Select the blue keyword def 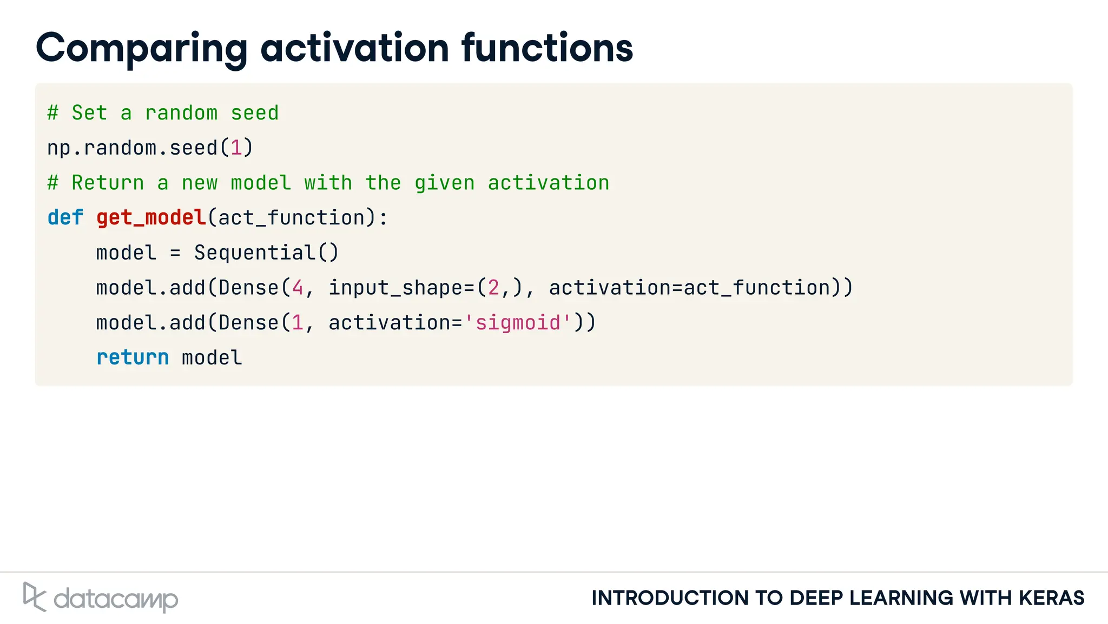tap(65, 218)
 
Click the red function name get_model tap(151, 218)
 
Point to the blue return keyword tap(133, 357)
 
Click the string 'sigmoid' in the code tap(518, 323)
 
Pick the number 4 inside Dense tap(298, 288)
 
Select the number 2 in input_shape tap(493, 288)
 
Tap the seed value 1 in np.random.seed tap(236, 148)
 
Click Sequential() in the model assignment tap(266, 253)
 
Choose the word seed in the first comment tap(254, 113)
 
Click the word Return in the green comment tap(108, 183)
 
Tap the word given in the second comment tap(444, 183)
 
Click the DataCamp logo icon tap(34, 597)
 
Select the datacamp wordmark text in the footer tap(116, 599)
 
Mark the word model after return tap(212, 357)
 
